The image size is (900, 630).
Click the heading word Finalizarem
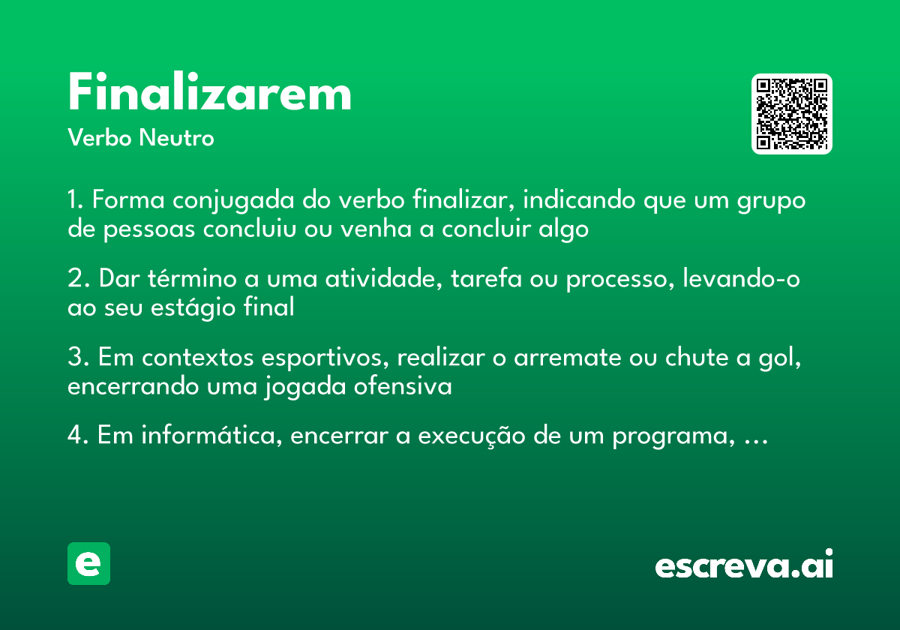(209, 94)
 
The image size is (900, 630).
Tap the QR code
(792, 114)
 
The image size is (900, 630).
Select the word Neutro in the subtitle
(176, 139)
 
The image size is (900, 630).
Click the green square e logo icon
(88, 563)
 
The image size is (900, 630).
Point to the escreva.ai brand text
(744, 565)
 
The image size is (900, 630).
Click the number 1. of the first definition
(76, 201)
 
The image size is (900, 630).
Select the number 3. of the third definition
(78, 358)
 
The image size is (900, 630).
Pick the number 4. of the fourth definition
(78, 436)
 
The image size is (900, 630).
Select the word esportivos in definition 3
(325, 358)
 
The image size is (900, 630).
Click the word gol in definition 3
(785, 358)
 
